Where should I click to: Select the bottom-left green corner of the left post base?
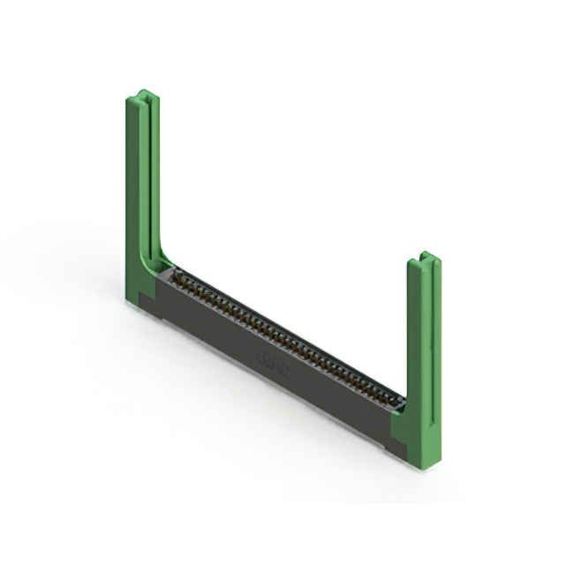tap(130, 301)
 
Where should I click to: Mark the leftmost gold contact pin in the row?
tap(177, 275)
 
